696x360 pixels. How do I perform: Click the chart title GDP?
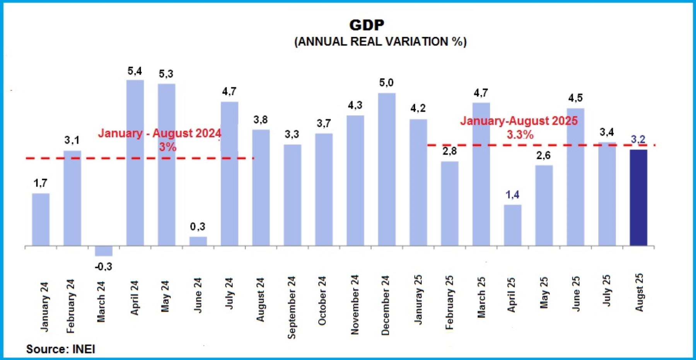click(367, 25)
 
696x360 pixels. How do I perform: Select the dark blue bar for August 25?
click(638, 197)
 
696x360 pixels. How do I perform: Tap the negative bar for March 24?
click(104, 251)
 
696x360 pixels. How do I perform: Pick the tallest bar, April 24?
click(135, 162)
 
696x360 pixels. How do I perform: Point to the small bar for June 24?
click(198, 241)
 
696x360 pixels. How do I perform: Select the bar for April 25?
click(513, 225)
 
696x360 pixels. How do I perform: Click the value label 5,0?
click(386, 83)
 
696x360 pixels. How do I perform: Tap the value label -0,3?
click(104, 267)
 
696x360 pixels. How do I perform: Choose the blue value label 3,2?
click(638, 139)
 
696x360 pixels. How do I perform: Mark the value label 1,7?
click(41, 183)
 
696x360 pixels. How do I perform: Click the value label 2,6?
click(544, 155)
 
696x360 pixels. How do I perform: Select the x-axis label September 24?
click(292, 307)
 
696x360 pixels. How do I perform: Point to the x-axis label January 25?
click(418, 299)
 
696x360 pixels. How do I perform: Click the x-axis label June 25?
click(576, 294)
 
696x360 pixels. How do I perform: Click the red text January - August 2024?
click(159, 133)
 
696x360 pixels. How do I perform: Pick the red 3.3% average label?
click(520, 135)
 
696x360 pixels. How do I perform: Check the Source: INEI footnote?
click(60, 349)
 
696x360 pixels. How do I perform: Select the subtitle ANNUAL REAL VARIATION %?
click(380, 42)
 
